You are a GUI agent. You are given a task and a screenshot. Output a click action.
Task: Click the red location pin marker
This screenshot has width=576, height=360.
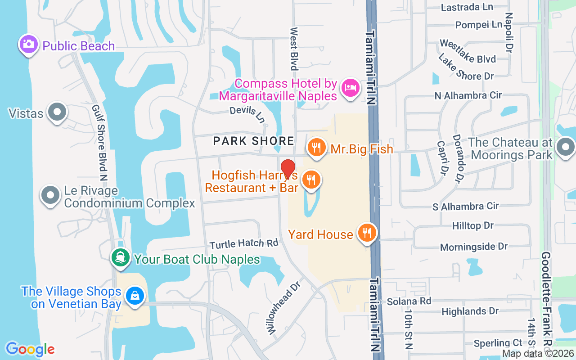click(288, 169)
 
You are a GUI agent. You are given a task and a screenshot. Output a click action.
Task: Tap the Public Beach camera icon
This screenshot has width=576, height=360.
click(28, 44)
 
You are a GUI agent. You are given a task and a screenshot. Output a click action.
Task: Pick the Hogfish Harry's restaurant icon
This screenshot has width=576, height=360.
click(310, 180)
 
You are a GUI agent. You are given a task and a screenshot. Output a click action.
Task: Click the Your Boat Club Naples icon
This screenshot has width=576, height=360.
click(120, 258)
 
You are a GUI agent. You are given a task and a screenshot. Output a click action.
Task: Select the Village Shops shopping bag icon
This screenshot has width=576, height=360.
click(135, 296)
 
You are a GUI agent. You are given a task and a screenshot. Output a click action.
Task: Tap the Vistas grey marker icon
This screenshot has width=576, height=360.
click(57, 112)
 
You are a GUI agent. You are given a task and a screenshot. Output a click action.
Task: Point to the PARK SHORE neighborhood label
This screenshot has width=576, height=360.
click(253, 141)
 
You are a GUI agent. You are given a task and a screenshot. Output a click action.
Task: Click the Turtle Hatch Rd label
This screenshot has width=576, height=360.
click(244, 243)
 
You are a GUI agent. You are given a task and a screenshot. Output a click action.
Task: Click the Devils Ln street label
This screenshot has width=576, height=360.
click(247, 114)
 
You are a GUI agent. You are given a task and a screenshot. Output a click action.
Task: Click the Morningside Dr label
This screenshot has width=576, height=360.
click(474, 247)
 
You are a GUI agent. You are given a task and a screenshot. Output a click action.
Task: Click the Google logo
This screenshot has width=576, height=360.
click(30, 349)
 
